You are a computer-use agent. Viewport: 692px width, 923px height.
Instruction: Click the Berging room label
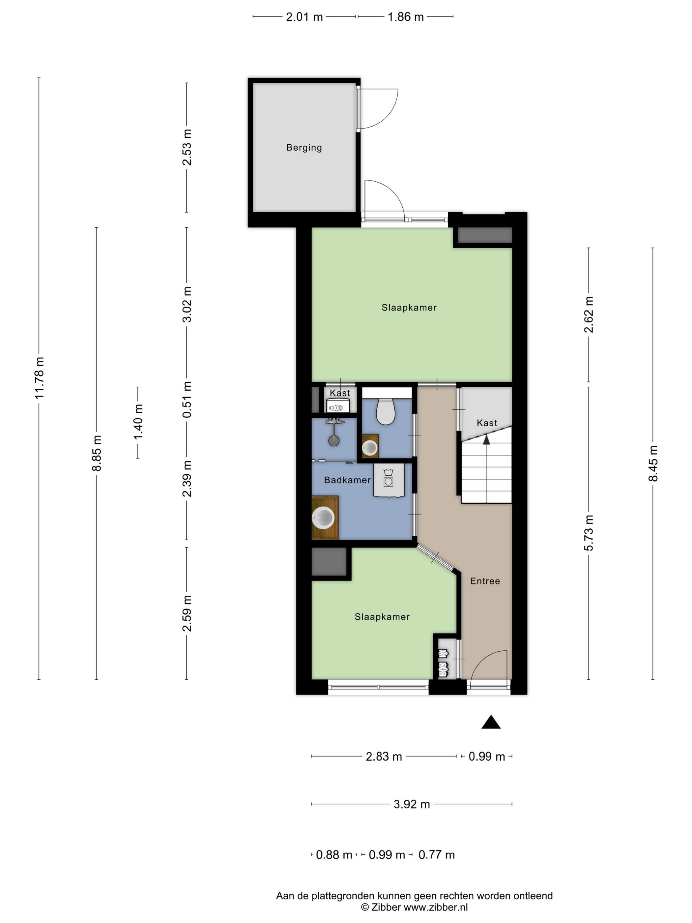[304, 147]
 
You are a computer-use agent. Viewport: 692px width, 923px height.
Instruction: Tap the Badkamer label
[347, 480]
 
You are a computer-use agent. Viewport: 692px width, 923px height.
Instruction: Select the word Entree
[485, 581]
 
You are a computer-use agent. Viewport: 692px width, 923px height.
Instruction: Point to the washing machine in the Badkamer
[389, 480]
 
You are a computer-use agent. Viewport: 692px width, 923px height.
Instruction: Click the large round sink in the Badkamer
[323, 518]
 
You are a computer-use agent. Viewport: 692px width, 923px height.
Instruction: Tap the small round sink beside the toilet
[370, 448]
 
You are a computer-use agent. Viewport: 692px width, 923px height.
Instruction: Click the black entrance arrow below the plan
[491, 722]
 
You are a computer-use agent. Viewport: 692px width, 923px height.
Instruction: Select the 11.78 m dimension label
[39, 378]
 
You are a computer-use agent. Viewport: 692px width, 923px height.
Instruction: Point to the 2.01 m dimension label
[304, 17]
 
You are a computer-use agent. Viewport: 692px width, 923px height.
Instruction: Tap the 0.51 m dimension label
[187, 399]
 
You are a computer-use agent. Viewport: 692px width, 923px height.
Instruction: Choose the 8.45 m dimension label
[653, 463]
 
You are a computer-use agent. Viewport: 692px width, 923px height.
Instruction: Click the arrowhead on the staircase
[486, 439]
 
